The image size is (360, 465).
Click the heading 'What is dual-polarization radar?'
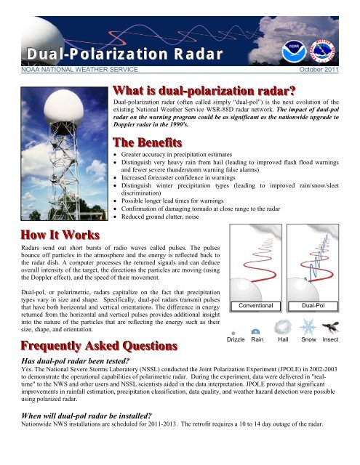click(x=204, y=92)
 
